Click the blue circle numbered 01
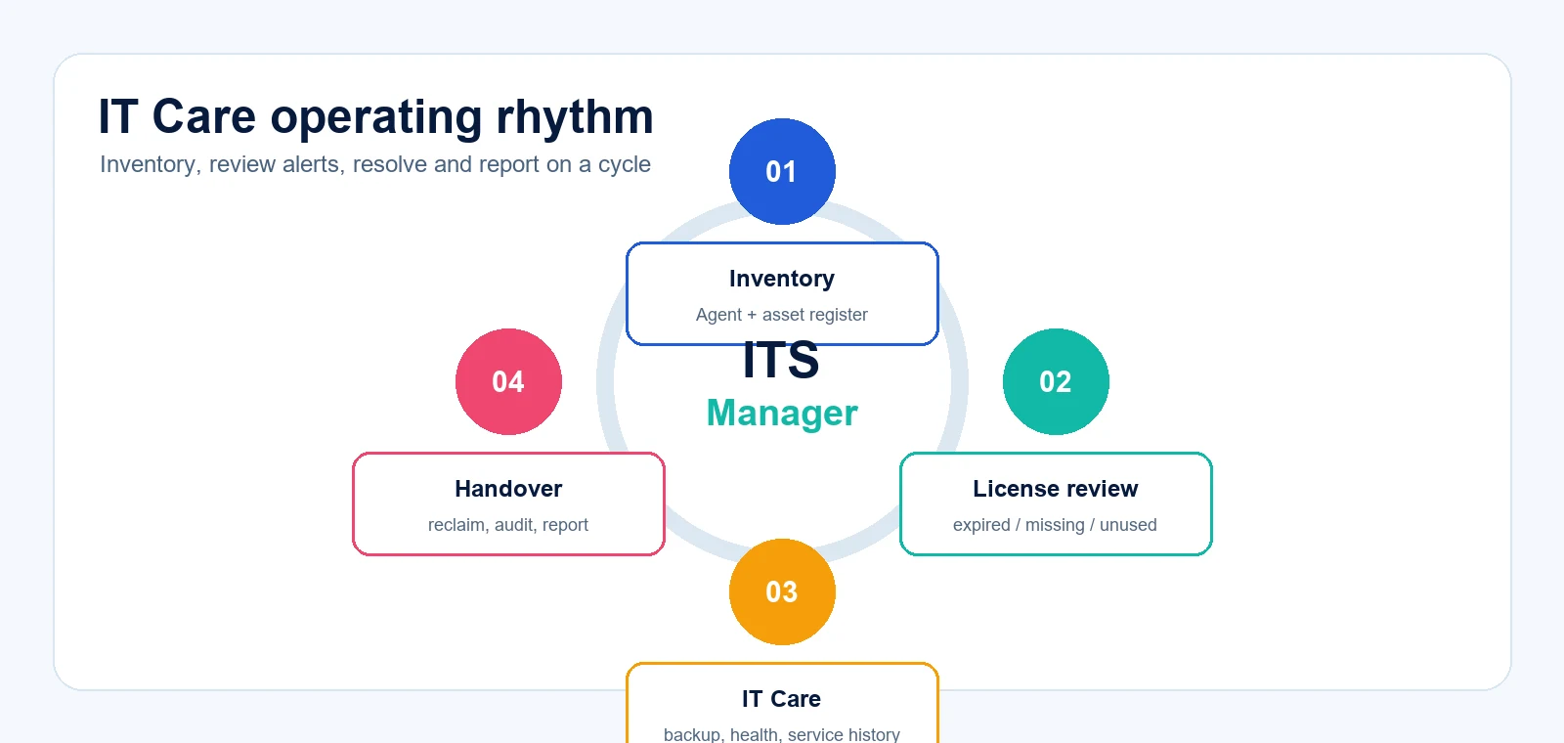[782, 172]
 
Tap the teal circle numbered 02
[1056, 382]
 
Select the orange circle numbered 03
[782, 592]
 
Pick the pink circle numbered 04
[508, 382]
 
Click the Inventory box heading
[782, 279]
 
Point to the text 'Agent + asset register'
[781, 315]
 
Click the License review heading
[1056, 489]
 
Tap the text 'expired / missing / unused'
[1055, 525]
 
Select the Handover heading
[508, 489]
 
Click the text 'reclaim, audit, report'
[508, 525]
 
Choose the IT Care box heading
[781, 699]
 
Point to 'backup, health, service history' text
[781, 734]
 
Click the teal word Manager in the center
[782, 413]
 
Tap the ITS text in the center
[781, 361]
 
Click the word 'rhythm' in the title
[575, 116]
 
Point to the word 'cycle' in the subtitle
[625, 165]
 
